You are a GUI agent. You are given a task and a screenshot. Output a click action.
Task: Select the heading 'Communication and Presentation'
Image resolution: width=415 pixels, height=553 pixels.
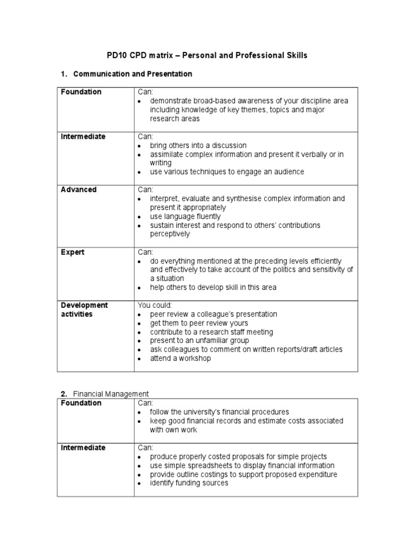pos(132,73)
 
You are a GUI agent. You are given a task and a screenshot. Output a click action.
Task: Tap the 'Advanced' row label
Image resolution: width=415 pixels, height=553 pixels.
pos(79,190)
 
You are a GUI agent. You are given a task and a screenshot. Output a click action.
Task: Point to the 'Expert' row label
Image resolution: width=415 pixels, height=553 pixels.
pos(72,252)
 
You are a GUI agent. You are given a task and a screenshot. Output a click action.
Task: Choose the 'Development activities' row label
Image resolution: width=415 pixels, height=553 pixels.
pos(84,309)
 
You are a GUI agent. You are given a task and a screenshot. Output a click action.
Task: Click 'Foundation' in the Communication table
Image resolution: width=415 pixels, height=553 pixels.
pos(81,92)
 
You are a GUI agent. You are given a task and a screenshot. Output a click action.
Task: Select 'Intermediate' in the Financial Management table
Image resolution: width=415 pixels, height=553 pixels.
pos(83,448)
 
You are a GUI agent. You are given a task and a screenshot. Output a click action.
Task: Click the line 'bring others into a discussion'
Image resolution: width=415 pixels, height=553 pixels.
pos(198,146)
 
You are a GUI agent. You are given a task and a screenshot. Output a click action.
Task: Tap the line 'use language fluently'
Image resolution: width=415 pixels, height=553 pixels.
pos(185,217)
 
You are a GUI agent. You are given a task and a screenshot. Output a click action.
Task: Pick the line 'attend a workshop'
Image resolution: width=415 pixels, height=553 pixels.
pos(180,358)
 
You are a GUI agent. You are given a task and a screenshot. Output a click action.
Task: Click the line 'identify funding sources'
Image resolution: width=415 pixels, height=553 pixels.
pos(189,483)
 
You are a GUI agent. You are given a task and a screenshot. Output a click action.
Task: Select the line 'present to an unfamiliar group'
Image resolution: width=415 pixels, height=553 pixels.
pos(199,341)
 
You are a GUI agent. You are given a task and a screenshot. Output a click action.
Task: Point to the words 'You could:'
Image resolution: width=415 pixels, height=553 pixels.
pos(155,305)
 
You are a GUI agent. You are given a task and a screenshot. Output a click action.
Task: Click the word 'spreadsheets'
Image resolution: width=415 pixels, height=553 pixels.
pos(214,466)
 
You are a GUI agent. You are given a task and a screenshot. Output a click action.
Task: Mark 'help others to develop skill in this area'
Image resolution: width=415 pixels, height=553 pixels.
pos(213,287)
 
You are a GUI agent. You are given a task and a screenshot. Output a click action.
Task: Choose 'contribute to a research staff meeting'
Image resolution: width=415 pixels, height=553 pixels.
pos(211,332)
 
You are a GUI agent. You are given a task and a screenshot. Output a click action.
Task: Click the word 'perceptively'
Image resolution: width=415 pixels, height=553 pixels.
pos(170,234)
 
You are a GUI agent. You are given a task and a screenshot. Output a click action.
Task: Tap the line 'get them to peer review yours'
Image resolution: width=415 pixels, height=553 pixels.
pos(198,323)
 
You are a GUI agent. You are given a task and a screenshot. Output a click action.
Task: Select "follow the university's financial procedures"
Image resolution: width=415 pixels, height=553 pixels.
pos(219,412)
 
